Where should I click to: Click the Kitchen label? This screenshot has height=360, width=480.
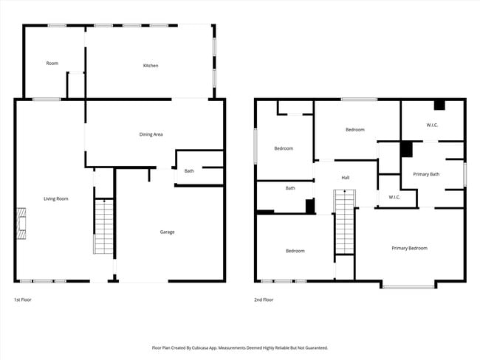pos(151,66)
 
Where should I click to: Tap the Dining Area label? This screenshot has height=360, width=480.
pos(151,134)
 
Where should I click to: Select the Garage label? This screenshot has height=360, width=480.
pos(168,232)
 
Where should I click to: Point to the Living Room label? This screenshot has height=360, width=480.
pos(56,198)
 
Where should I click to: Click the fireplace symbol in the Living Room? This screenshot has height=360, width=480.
pos(21,224)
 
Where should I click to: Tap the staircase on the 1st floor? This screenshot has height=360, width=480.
pos(104,227)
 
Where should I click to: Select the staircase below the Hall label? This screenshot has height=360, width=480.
pos(345,221)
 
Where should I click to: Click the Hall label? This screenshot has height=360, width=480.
pos(345,178)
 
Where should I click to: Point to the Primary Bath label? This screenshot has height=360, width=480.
pos(425,174)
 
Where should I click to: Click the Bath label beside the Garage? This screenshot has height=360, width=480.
pos(189,171)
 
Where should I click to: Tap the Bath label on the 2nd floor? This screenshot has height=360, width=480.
pos(290,188)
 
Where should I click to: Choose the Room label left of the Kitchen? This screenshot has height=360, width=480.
pos(52,63)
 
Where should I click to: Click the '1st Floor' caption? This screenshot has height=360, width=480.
pos(23,300)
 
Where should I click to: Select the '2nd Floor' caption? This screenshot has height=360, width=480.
pos(264,300)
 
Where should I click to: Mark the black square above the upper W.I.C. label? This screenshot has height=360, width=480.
pos(439,105)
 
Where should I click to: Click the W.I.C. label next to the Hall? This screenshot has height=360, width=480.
pos(394,197)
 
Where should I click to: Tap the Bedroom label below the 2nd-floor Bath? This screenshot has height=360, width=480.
pos(295,251)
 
